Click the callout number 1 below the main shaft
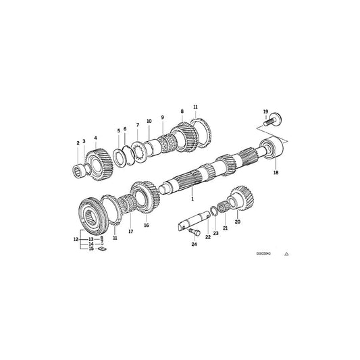click(192, 199)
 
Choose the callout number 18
click(274, 173)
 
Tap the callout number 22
click(207, 237)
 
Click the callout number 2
click(78, 143)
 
